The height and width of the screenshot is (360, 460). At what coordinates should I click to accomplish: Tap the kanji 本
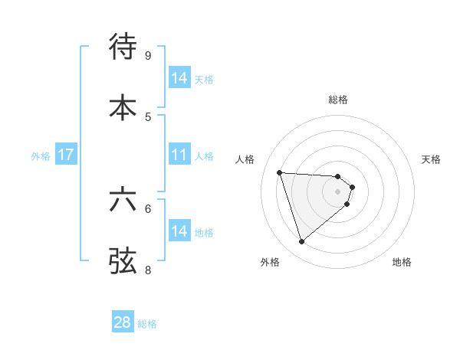(x=123, y=106)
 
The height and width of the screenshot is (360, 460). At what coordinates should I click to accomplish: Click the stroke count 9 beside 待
(x=147, y=55)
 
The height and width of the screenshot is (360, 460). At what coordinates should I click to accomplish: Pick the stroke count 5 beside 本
(x=147, y=116)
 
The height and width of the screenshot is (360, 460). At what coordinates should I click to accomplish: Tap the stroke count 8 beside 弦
(x=147, y=270)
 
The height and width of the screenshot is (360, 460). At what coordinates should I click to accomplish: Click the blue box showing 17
(x=66, y=155)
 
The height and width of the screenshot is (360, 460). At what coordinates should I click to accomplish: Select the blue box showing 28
(x=123, y=323)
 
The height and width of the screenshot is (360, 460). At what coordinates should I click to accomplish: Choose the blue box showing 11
(x=179, y=155)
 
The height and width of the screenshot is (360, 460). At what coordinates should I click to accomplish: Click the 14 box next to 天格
(x=179, y=79)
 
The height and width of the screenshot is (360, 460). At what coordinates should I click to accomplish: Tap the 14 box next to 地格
(x=179, y=232)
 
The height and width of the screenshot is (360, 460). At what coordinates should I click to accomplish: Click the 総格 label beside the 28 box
(x=147, y=324)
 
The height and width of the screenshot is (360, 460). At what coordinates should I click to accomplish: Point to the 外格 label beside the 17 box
(x=41, y=156)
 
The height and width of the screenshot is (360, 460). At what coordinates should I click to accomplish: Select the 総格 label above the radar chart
(x=338, y=100)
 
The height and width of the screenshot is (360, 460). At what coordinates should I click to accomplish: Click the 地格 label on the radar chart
(x=402, y=263)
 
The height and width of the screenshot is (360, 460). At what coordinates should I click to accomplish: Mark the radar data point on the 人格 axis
(x=280, y=172)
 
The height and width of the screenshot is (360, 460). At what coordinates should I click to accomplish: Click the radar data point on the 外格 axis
(x=301, y=242)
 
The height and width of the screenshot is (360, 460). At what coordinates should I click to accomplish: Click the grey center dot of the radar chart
(x=338, y=191)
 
